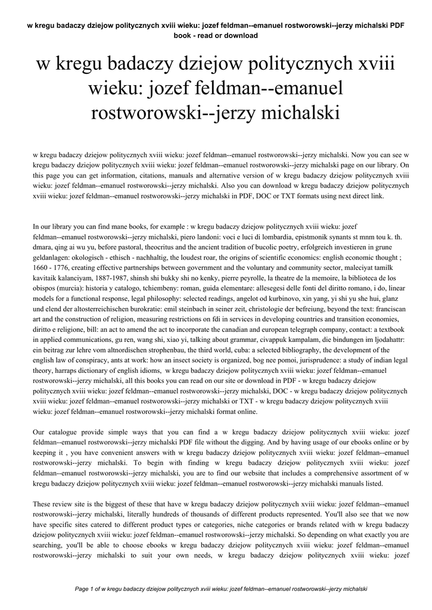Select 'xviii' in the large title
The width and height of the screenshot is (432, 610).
pos(375,66)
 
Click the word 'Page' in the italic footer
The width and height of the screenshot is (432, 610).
pos(82,589)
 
